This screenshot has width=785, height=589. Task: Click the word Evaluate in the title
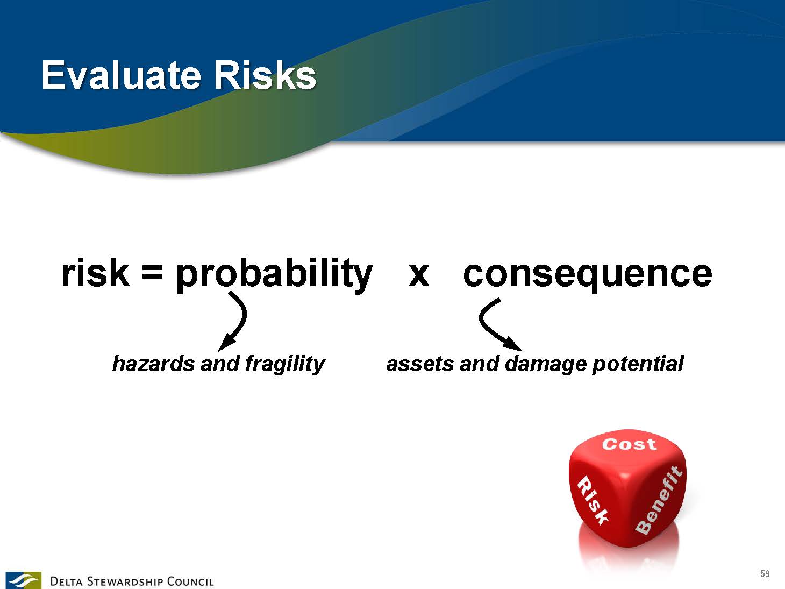tap(121, 75)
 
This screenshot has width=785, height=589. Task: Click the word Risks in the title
tap(265, 75)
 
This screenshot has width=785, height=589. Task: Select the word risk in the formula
tap(95, 273)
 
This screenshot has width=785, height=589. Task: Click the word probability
tap(274, 275)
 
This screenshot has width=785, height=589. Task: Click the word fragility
tap(286, 365)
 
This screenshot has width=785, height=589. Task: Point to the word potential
tap(638, 365)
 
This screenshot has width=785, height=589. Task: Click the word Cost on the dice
tap(630, 444)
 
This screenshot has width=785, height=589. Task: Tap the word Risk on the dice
tap(593, 500)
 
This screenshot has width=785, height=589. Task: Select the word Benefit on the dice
tap(659, 500)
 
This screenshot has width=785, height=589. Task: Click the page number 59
tap(765, 574)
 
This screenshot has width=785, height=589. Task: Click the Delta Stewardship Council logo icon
tap(23, 580)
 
